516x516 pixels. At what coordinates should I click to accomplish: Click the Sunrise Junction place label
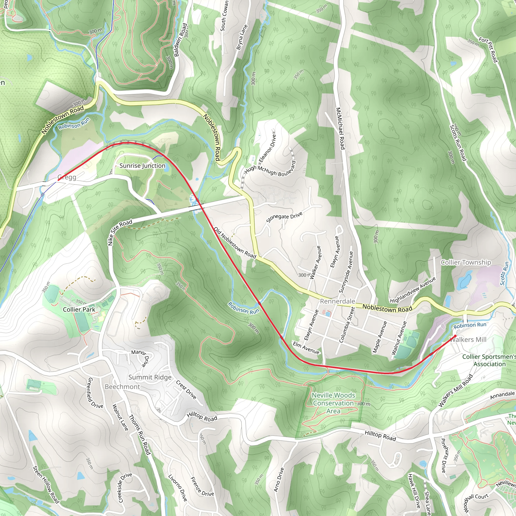click(142, 166)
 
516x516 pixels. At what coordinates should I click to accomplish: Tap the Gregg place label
click(67, 177)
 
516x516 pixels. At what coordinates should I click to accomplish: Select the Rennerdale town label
click(337, 301)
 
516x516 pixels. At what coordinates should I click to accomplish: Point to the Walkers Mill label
click(468, 339)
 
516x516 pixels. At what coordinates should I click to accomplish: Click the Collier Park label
click(79, 309)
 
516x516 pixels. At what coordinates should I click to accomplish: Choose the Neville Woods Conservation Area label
click(333, 403)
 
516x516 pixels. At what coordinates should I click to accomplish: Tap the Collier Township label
click(466, 262)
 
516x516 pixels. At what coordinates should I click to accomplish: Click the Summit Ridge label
click(150, 377)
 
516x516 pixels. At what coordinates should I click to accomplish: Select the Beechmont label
click(122, 387)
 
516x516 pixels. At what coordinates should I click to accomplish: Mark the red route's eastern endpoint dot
click(455, 336)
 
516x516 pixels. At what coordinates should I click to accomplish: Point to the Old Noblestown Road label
click(235, 243)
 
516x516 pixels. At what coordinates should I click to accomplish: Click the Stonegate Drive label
click(284, 217)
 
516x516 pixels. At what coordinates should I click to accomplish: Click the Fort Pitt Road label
click(488, 50)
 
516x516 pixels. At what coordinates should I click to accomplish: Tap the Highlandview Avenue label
click(413, 290)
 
